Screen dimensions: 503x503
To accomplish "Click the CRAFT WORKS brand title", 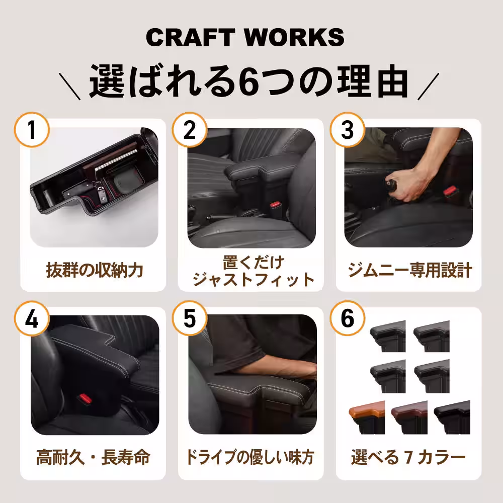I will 245,38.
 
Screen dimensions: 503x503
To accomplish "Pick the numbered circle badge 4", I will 32,320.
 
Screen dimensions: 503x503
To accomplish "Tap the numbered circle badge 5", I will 190,320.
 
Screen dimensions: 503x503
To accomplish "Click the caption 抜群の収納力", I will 94,271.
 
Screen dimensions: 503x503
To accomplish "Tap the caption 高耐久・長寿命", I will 93,458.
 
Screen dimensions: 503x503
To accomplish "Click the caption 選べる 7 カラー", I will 408,458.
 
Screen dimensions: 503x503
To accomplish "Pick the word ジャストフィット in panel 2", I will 253,279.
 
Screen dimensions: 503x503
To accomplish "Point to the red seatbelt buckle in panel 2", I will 275,206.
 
